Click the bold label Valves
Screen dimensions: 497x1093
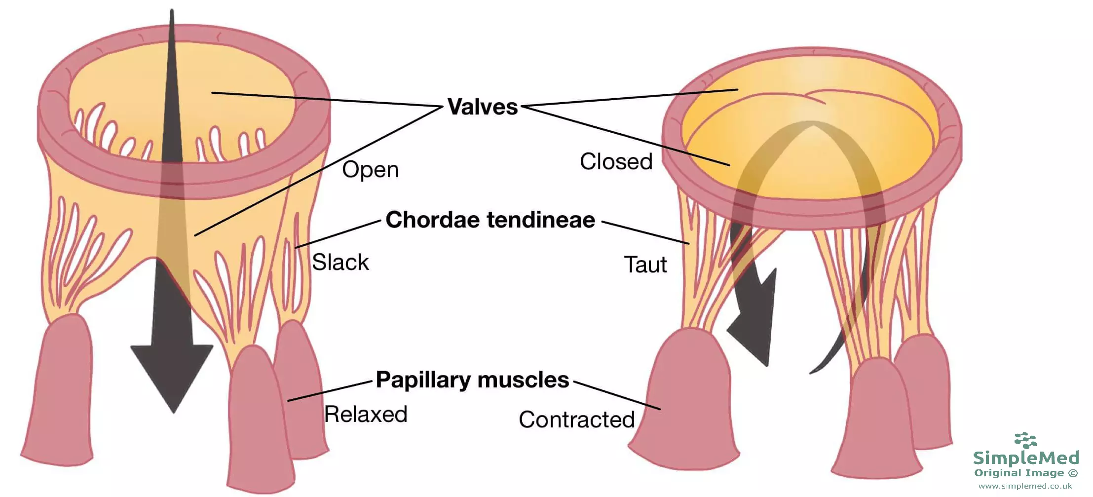coord(482,107)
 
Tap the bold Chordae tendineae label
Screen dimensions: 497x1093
coord(490,220)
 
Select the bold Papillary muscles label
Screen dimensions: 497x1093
coord(472,380)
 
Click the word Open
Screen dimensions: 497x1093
coord(370,170)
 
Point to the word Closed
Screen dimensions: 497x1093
coord(616,161)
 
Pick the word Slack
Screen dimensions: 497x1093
coord(340,262)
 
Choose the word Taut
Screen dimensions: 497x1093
coord(645,265)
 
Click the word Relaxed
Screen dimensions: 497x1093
coord(366,414)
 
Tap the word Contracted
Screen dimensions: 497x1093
coord(576,420)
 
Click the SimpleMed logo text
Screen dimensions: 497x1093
coord(1026,458)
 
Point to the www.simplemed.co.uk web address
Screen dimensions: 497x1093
coord(1025,486)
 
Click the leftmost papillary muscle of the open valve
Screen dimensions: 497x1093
coord(59,395)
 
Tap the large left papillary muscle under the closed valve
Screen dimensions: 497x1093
coord(686,400)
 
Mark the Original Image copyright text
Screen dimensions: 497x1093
coord(1026,473)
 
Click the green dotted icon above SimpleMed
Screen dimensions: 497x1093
coord(1026,440)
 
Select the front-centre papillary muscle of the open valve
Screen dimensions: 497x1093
coord(257,420)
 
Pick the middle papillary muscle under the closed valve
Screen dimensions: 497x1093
coord(876,420)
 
